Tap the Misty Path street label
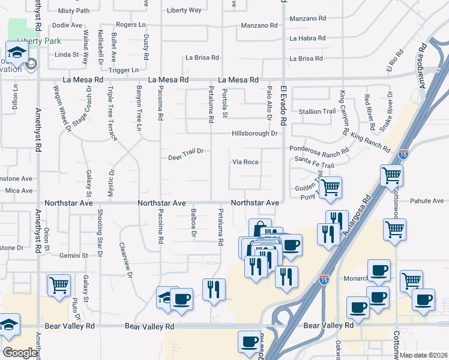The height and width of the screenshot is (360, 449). [x=74, y=11]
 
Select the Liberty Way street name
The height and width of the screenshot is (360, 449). [x=184, y=10]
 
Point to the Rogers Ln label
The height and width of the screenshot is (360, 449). [x=131, y=25]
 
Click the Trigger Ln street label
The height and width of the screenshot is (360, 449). [x=124, y=70]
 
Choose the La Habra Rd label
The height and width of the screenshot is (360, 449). [x=307, y=38]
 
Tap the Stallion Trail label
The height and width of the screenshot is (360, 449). [x=317, y=112]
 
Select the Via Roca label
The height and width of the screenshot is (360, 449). [x=246, y=162]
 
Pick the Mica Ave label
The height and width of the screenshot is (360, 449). [x=19, y=190]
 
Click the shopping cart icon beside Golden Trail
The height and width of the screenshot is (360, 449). [x=330, y=187]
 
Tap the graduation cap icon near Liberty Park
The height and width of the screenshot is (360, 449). [x=16, y=52]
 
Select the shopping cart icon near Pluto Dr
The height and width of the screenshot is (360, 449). [x=59, y=286]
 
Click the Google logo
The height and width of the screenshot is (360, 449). [x=20, y=353]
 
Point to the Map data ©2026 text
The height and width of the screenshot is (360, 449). [x=423, y=355]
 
